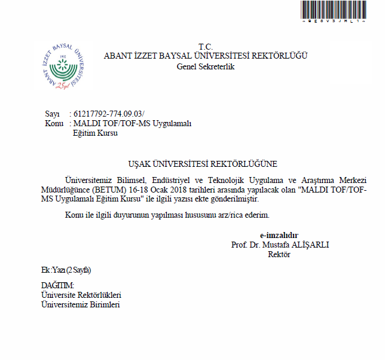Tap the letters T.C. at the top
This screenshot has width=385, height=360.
tap(206, 47)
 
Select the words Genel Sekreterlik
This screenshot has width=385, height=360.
tap(206, 66)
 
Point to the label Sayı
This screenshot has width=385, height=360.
tap(53, 114)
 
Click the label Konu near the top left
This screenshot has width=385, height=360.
tap(54, 123)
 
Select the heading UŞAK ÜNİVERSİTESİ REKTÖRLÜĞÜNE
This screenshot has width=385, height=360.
tap(203, 163)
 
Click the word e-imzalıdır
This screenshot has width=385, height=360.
tap(279, 235)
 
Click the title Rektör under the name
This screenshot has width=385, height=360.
tap(279, 254)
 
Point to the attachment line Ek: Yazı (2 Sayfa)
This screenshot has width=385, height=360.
tap(66, 270)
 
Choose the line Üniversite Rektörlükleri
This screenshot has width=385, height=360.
tap(81, 295)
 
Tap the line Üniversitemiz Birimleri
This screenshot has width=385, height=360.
tap(80, 305)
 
